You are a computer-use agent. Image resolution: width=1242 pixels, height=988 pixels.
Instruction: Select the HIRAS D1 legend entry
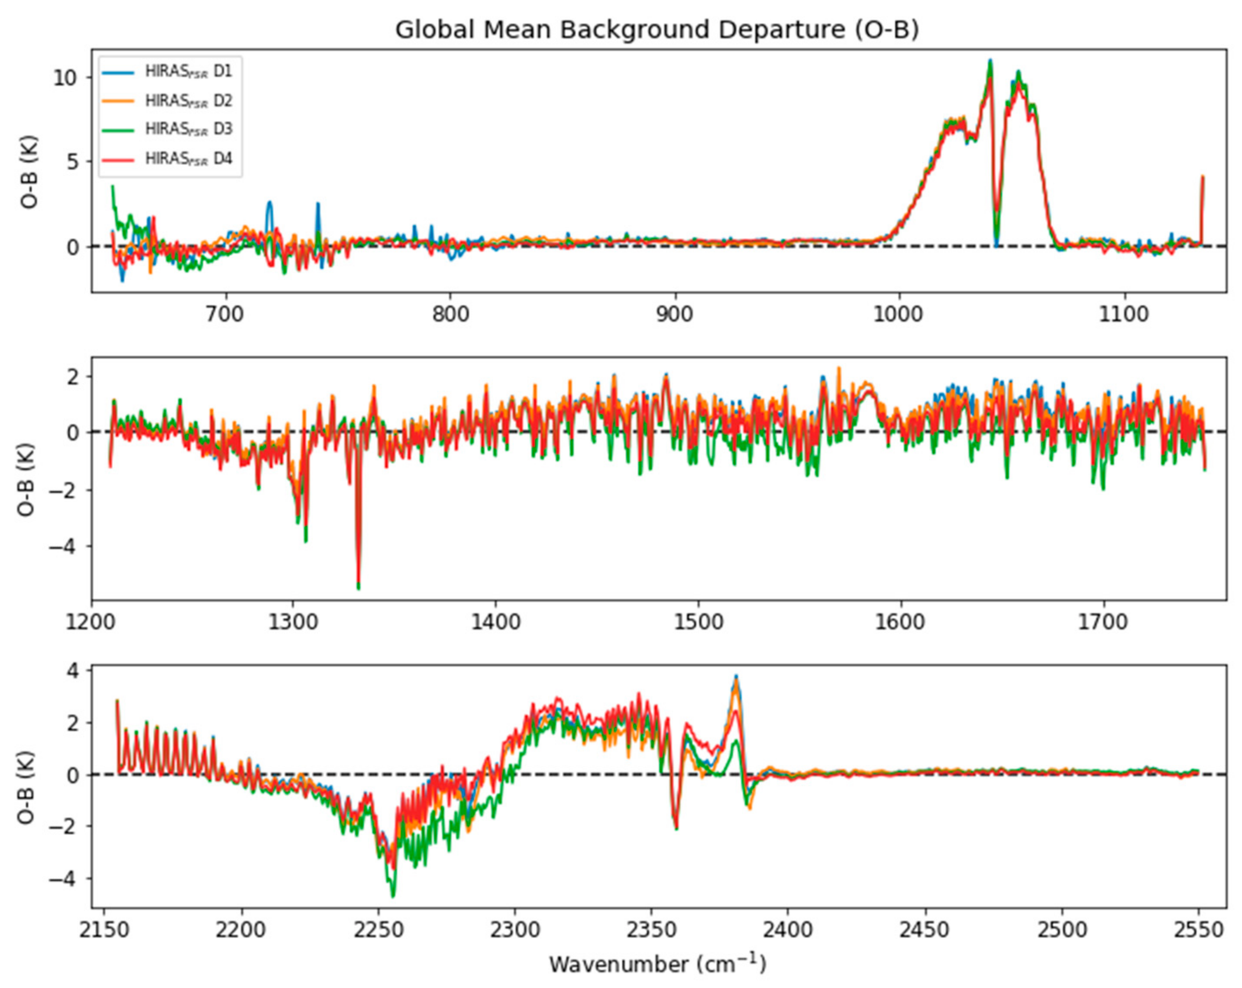188,72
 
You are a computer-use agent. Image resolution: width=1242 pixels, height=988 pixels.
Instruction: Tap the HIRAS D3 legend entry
188,129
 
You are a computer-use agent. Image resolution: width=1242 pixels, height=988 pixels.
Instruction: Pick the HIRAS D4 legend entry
188,158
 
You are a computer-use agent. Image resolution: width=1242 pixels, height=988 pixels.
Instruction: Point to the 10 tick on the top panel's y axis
65,78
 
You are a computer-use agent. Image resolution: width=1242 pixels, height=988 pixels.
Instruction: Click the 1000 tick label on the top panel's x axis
899,315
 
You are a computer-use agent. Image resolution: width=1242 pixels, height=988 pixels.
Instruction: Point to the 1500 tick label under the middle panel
698,623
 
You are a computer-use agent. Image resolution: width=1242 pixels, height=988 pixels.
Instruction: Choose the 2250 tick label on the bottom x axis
378,930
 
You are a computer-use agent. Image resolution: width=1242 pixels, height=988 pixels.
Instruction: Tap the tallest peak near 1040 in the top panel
990,61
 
